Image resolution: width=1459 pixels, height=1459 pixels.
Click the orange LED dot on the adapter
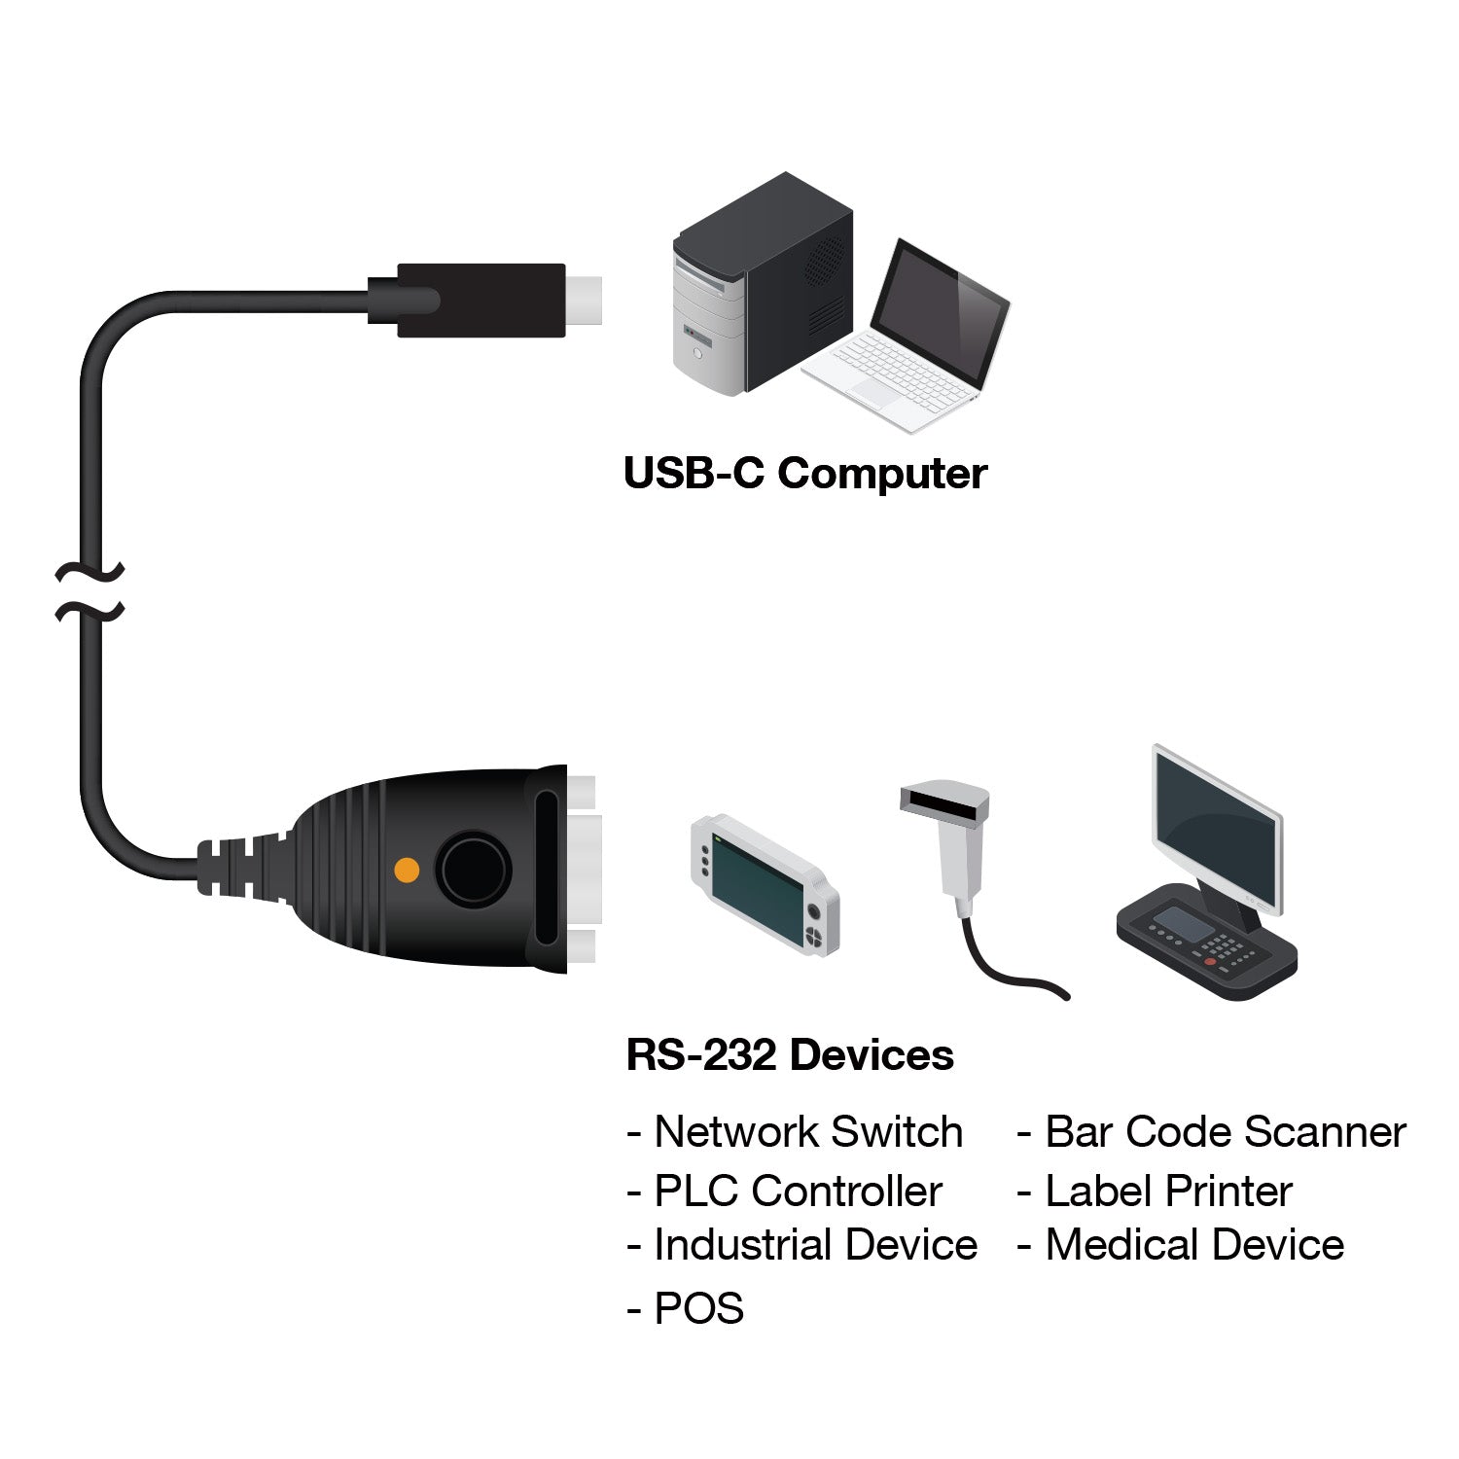pyautogui.click(x=407, y=870)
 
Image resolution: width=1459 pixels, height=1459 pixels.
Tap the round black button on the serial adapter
pyautogui.click(x=473, y=869)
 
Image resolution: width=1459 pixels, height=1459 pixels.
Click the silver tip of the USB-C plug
pyautogui.click(x=585, y=301)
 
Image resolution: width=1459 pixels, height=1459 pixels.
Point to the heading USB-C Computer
pyautogui.click(x=804, y=474)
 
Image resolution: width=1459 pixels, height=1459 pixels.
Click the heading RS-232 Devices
pyautogui.click(x=789, y=1055)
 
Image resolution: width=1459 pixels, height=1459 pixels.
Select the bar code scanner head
pyautogui.click(x=943, y=801)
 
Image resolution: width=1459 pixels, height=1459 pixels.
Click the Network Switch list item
pyautogui.click(x=796, y=1132)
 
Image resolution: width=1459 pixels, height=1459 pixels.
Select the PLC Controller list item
pyautogui.click(x=785, y=1192)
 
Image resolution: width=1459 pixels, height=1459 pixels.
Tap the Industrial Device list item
pyautogui.click(x=802, y=1245)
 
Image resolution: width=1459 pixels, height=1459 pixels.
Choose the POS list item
pyautogui.click(x=687, y=1308)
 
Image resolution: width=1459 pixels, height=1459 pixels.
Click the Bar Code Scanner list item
pyautogui.click(x=1212, y=1132)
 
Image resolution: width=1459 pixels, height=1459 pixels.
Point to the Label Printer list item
pyautogui.click(x=1156, y=1192)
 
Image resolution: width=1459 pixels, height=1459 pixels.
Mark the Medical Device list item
pyautogui.click(x=1181, y=1245)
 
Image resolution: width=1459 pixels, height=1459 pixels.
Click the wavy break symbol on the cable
pyautogui.click(x=90, y=591)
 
